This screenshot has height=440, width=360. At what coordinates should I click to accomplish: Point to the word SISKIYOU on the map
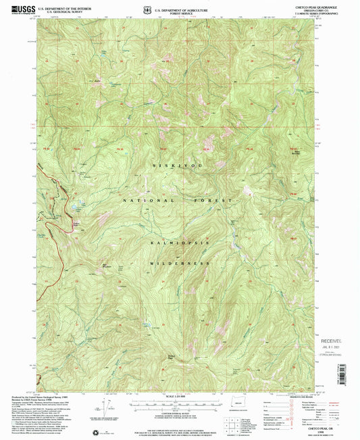tap(179, 165)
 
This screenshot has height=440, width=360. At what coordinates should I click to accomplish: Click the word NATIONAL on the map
tap(145, 201)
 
